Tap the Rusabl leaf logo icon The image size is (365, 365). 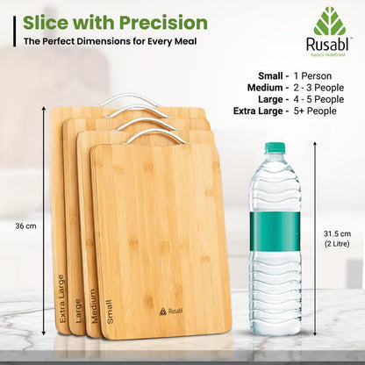330,22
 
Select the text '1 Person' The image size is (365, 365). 319,75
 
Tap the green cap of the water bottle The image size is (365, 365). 276,147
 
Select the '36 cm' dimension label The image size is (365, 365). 25,225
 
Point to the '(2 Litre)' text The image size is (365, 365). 340,245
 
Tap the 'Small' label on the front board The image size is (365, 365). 109,311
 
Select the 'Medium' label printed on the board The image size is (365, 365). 93,306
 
